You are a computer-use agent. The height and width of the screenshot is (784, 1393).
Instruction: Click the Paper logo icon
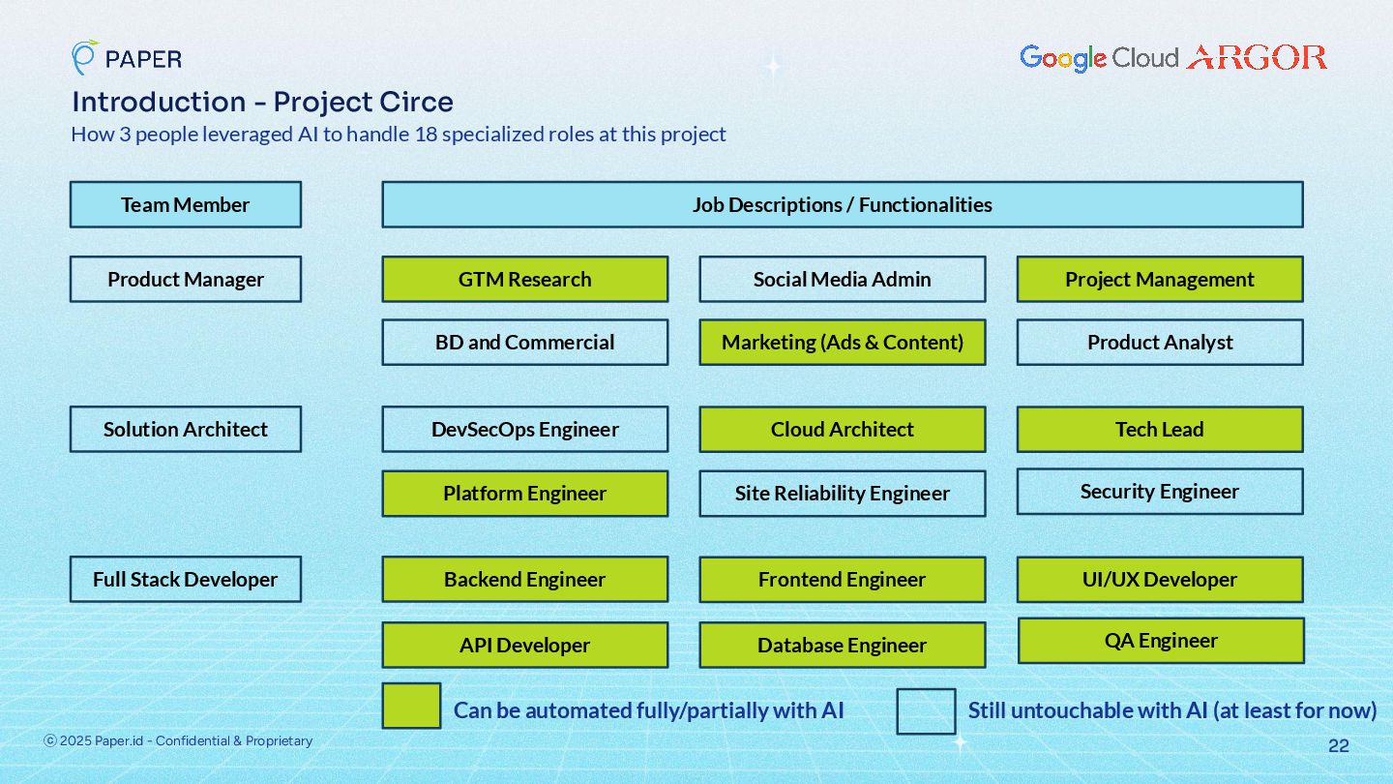point(84,57)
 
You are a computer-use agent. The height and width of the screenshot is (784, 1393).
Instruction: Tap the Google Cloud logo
point(1099,58)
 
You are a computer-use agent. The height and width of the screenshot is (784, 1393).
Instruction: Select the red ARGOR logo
point(1257,58)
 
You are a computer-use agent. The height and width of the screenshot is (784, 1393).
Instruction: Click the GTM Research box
point(524,280)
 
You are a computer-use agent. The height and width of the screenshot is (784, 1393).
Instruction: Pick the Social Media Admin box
point(842,280)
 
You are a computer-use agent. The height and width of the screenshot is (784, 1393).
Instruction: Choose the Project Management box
point(1159,280)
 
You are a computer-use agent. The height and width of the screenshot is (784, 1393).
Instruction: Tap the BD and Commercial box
point(524,343)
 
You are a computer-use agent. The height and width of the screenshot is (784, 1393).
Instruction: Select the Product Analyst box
point(1159,343)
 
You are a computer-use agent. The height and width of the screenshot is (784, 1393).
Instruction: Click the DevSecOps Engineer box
point(524,430)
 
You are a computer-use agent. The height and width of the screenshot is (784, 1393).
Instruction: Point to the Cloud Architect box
point(842,430)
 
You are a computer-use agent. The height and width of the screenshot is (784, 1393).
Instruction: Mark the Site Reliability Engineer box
point(842,494)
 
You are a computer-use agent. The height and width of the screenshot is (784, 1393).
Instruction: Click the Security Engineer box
point(1159,492)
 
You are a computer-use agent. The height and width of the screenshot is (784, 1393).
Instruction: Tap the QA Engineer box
point(1161,641)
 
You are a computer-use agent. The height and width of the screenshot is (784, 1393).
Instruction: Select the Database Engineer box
point(842,646)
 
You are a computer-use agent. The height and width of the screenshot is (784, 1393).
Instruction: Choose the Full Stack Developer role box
point(185,580)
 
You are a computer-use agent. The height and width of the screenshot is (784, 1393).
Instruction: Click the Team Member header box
point(185,205)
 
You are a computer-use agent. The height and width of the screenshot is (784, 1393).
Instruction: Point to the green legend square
point(411,706)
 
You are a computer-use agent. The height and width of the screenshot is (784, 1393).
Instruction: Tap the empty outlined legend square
point(926,711)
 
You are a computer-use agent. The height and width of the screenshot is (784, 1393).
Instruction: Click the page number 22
point(1338,746)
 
